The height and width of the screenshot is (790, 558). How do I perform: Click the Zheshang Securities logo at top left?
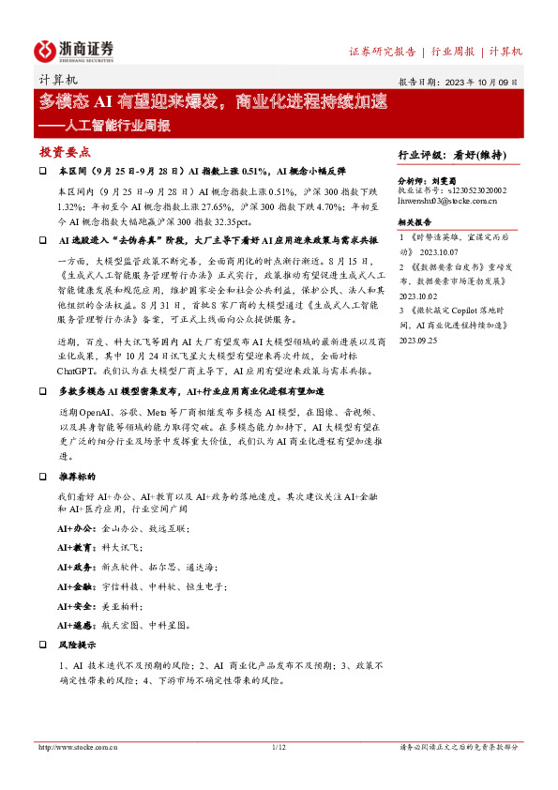75,50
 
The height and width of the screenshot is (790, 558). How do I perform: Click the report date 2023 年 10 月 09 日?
479,83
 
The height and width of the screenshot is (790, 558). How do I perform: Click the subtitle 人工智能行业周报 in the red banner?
104,124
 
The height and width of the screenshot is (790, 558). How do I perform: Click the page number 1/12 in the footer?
278,747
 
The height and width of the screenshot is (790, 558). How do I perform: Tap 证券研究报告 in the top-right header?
383,51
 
